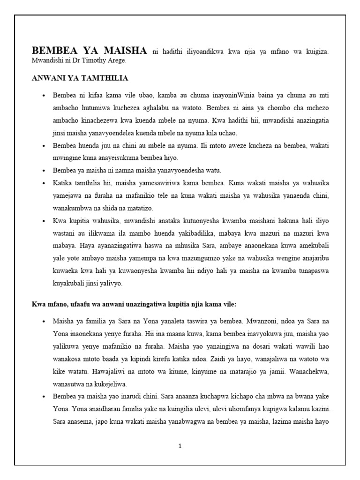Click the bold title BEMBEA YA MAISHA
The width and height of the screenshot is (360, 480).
89,51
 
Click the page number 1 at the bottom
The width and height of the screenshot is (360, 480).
180,446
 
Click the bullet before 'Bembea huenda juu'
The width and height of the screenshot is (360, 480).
44,146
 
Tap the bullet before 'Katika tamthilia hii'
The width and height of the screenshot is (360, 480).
44,182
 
